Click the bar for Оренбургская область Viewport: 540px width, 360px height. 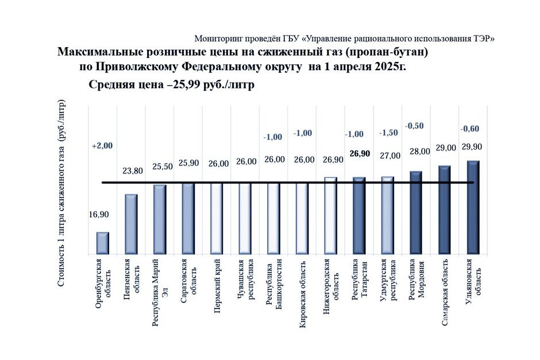pyautogui.click(x=102, y=243)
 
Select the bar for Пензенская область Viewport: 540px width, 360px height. pyautogui.click(x=131, y=224)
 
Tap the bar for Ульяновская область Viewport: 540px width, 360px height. pyautogui.click(x=473, y=207)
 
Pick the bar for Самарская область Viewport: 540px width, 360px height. pyautogui.click(x=445, y=210)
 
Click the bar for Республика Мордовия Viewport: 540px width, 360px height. pyautogui.click(x=416, y=212)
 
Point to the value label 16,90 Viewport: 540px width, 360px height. pyautogui.click(x=99, y=215)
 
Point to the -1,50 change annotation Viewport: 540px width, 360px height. pyautogui.click(x=388, y=133)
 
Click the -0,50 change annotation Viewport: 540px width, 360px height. pyautogui.click(x=415, y=125)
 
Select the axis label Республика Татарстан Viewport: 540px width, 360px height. pyautogui.click(x=360, y=284)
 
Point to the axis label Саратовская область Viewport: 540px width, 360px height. pyautogui.click(x=189, y=277)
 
